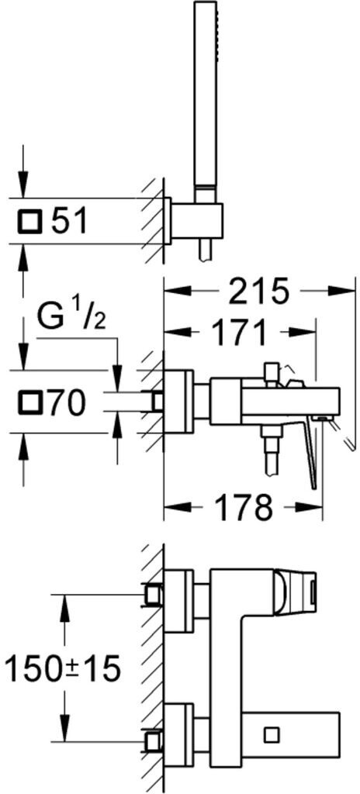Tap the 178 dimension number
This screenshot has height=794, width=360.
pos(243,506)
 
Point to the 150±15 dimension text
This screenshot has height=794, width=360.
pos(62,668)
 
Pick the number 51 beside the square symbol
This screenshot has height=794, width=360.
pos(70,221)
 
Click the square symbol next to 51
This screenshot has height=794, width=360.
pos(30,222)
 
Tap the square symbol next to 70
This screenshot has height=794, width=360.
pos(30,404)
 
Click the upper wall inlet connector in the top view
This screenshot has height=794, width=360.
pos(153,595)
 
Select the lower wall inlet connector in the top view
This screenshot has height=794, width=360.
pos(153,742)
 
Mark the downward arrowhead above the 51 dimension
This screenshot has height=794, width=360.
pos(22,183)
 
